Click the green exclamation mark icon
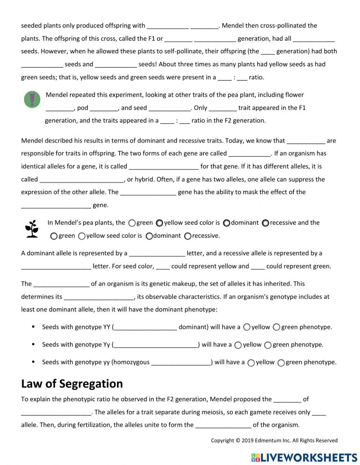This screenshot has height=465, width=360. [32, 99]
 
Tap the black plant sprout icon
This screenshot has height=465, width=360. [32, 229]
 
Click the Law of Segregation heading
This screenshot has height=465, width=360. [72, 384]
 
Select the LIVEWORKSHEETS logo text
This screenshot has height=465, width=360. [304, 457]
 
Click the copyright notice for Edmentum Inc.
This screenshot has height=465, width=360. [274, 440]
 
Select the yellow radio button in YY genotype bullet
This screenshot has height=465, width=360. [247, 327]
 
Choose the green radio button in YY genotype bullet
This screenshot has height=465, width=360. [276, 327]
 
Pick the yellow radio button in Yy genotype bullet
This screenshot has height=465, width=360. [238, 345]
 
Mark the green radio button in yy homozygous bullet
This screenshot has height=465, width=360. [281, 363]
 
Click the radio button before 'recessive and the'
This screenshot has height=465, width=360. [265, 223]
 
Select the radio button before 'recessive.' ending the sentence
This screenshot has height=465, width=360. [188, 236]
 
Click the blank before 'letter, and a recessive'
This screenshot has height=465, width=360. [157, 254]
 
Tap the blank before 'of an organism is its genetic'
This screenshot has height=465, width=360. [61, 284]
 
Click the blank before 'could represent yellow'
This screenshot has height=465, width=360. [163, 267]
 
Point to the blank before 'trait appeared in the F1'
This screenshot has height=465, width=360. [222, 108]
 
